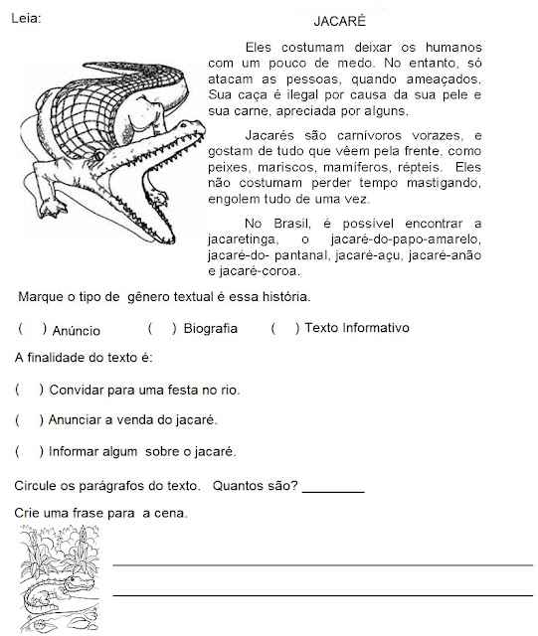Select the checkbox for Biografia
click(x=160, y=328)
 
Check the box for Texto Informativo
click(x=283, y=328)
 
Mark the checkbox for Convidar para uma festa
click(x=30, y=390)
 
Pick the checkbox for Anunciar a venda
click(x=30, y=420)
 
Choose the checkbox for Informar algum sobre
click(x=30, y=451)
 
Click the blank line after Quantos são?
click(x=332, y=489)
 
